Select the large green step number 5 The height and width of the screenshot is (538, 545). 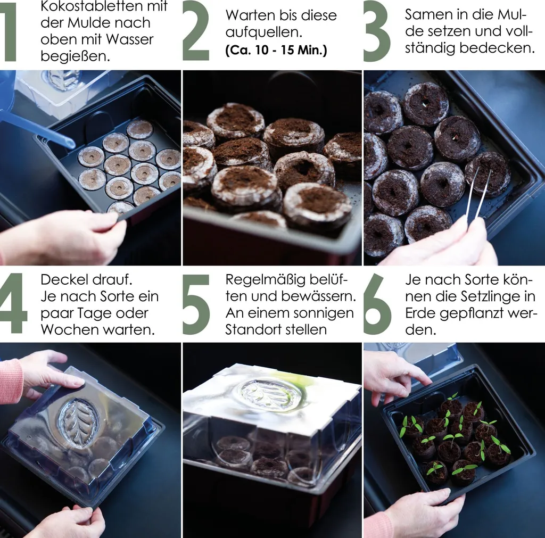pos(196,304)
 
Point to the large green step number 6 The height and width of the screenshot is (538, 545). pos(377,304)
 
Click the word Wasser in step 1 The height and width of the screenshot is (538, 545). pos(129,39)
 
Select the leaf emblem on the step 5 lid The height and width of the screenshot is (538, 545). pos(269,393)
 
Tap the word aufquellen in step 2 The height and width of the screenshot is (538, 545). pos(263,33)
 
